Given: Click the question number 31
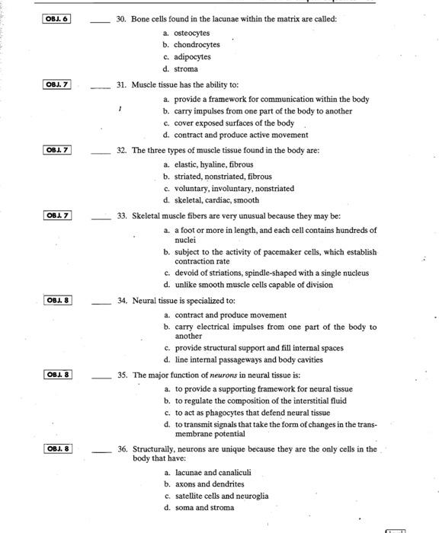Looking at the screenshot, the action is [x=122, y=85].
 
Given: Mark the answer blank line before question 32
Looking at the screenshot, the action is [x=101, y=151].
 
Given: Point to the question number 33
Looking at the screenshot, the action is [x=122, y=216].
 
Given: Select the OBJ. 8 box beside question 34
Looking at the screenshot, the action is [x=56, y=300].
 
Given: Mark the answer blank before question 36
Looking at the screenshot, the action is [x=101, y=449].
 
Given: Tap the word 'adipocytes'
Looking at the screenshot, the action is [x=193, y=57].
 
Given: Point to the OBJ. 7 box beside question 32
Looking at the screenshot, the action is [x=56, y=150].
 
